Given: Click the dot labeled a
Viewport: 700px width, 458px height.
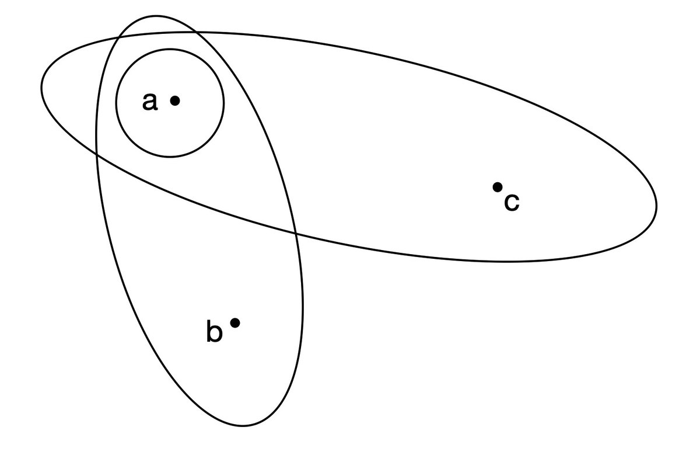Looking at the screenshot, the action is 174,100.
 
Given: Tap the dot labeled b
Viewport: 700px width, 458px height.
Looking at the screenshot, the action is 235,322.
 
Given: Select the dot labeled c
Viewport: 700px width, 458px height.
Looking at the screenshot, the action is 497,187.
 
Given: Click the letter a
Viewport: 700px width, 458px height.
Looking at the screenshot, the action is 150,102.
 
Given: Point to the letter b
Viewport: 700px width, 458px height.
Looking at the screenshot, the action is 214,332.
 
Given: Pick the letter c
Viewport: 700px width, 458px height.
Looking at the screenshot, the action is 511,202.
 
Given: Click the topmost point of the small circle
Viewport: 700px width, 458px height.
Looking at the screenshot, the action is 170,50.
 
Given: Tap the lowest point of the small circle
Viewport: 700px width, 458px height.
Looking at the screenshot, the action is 170,157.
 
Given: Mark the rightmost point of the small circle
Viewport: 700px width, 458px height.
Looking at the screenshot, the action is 223,103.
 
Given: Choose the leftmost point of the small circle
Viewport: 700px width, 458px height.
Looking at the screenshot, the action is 116,103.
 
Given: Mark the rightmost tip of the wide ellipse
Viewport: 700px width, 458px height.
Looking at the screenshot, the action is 657,205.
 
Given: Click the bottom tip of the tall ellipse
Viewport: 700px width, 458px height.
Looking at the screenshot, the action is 245,425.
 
